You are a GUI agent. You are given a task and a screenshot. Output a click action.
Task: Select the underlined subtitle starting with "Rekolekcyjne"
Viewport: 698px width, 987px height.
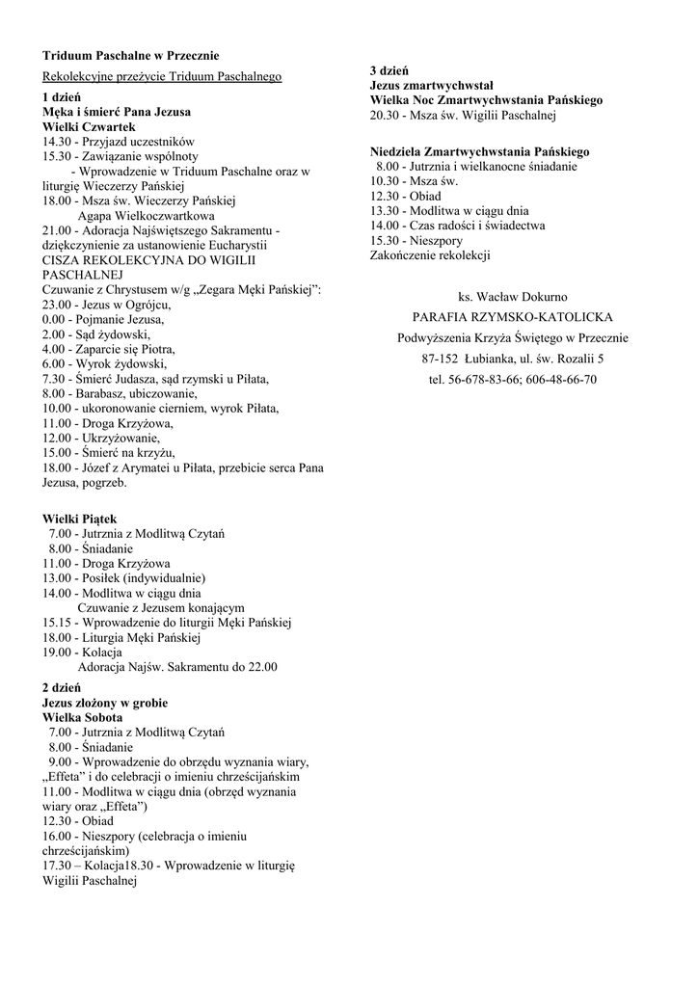[161, 76]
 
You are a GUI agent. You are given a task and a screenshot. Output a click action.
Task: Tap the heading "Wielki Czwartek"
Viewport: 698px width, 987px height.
[89, 126]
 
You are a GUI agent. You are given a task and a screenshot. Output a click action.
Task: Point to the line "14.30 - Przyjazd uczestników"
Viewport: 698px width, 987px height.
[119, 141]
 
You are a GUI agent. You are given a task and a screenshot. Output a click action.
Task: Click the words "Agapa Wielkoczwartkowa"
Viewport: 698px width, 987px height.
[146, 216]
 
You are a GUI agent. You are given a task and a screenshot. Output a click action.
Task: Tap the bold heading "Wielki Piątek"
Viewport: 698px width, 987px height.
[80, 519]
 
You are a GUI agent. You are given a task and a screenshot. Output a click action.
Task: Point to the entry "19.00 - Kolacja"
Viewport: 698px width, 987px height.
[86, 653]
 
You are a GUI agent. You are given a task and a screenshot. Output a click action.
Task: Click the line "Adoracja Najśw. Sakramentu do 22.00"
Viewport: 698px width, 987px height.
[177, 667]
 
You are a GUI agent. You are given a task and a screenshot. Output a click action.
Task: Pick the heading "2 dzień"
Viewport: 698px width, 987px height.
[62, 688]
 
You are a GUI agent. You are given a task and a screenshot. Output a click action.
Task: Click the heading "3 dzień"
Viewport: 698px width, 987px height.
[389, 71]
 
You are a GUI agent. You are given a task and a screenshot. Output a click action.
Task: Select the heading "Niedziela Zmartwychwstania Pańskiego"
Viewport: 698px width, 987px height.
[480, 151]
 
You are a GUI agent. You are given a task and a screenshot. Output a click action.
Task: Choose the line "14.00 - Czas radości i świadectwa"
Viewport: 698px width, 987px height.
[458, 226]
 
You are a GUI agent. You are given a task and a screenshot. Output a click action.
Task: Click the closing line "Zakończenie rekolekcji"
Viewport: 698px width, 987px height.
[430, 255]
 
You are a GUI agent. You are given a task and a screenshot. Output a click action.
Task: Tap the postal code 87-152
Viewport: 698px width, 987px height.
[443, 359]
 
